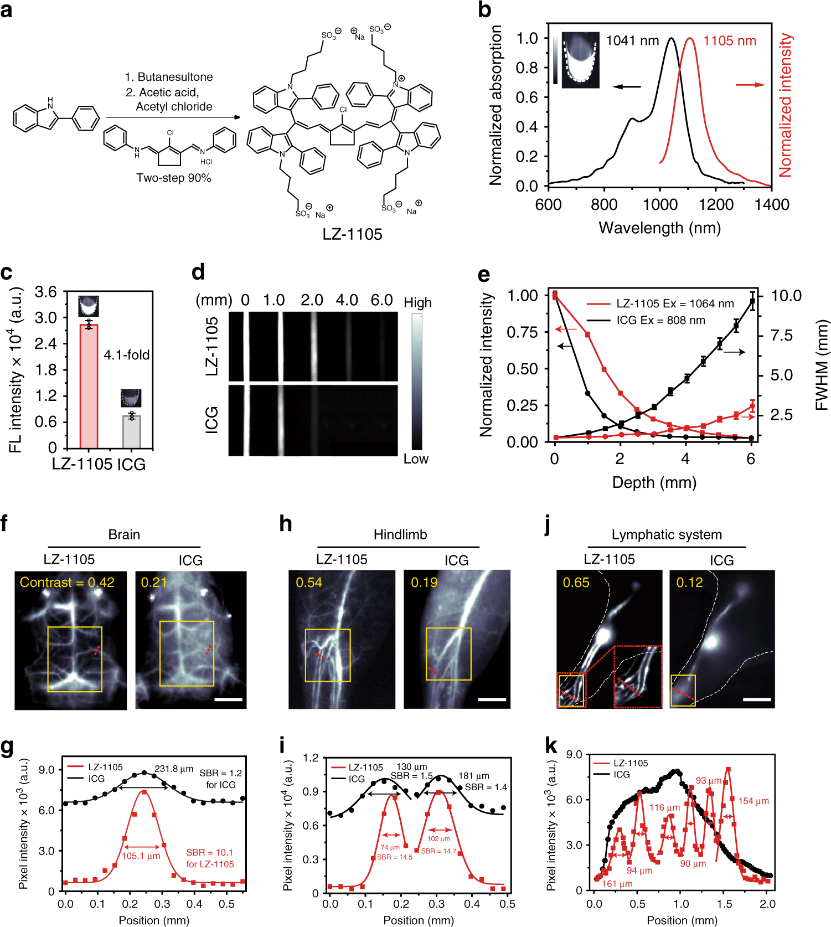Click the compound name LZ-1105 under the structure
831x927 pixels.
click(352, 234)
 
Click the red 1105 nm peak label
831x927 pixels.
click(729, 41)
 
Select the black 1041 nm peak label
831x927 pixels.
click(632, 41)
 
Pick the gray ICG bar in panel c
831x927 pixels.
click(131, 431)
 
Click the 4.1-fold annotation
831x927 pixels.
click(127, 355)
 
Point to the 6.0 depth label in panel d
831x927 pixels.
click(381, 300)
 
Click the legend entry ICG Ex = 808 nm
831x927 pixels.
click(660, 320)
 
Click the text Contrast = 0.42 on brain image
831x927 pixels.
click(67, 583)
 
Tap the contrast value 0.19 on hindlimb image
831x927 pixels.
click(424, 583)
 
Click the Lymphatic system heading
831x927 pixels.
click(667, 534)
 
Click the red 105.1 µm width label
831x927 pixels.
click(141, 856)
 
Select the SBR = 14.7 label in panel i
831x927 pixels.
click(438, 851)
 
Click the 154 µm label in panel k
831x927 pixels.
click(753, 801)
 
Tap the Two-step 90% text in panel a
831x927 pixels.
click(174, 178)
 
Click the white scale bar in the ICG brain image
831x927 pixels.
click(228, 699)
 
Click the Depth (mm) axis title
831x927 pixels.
click(654, 482)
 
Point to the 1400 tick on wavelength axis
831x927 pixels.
click(771, 204)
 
